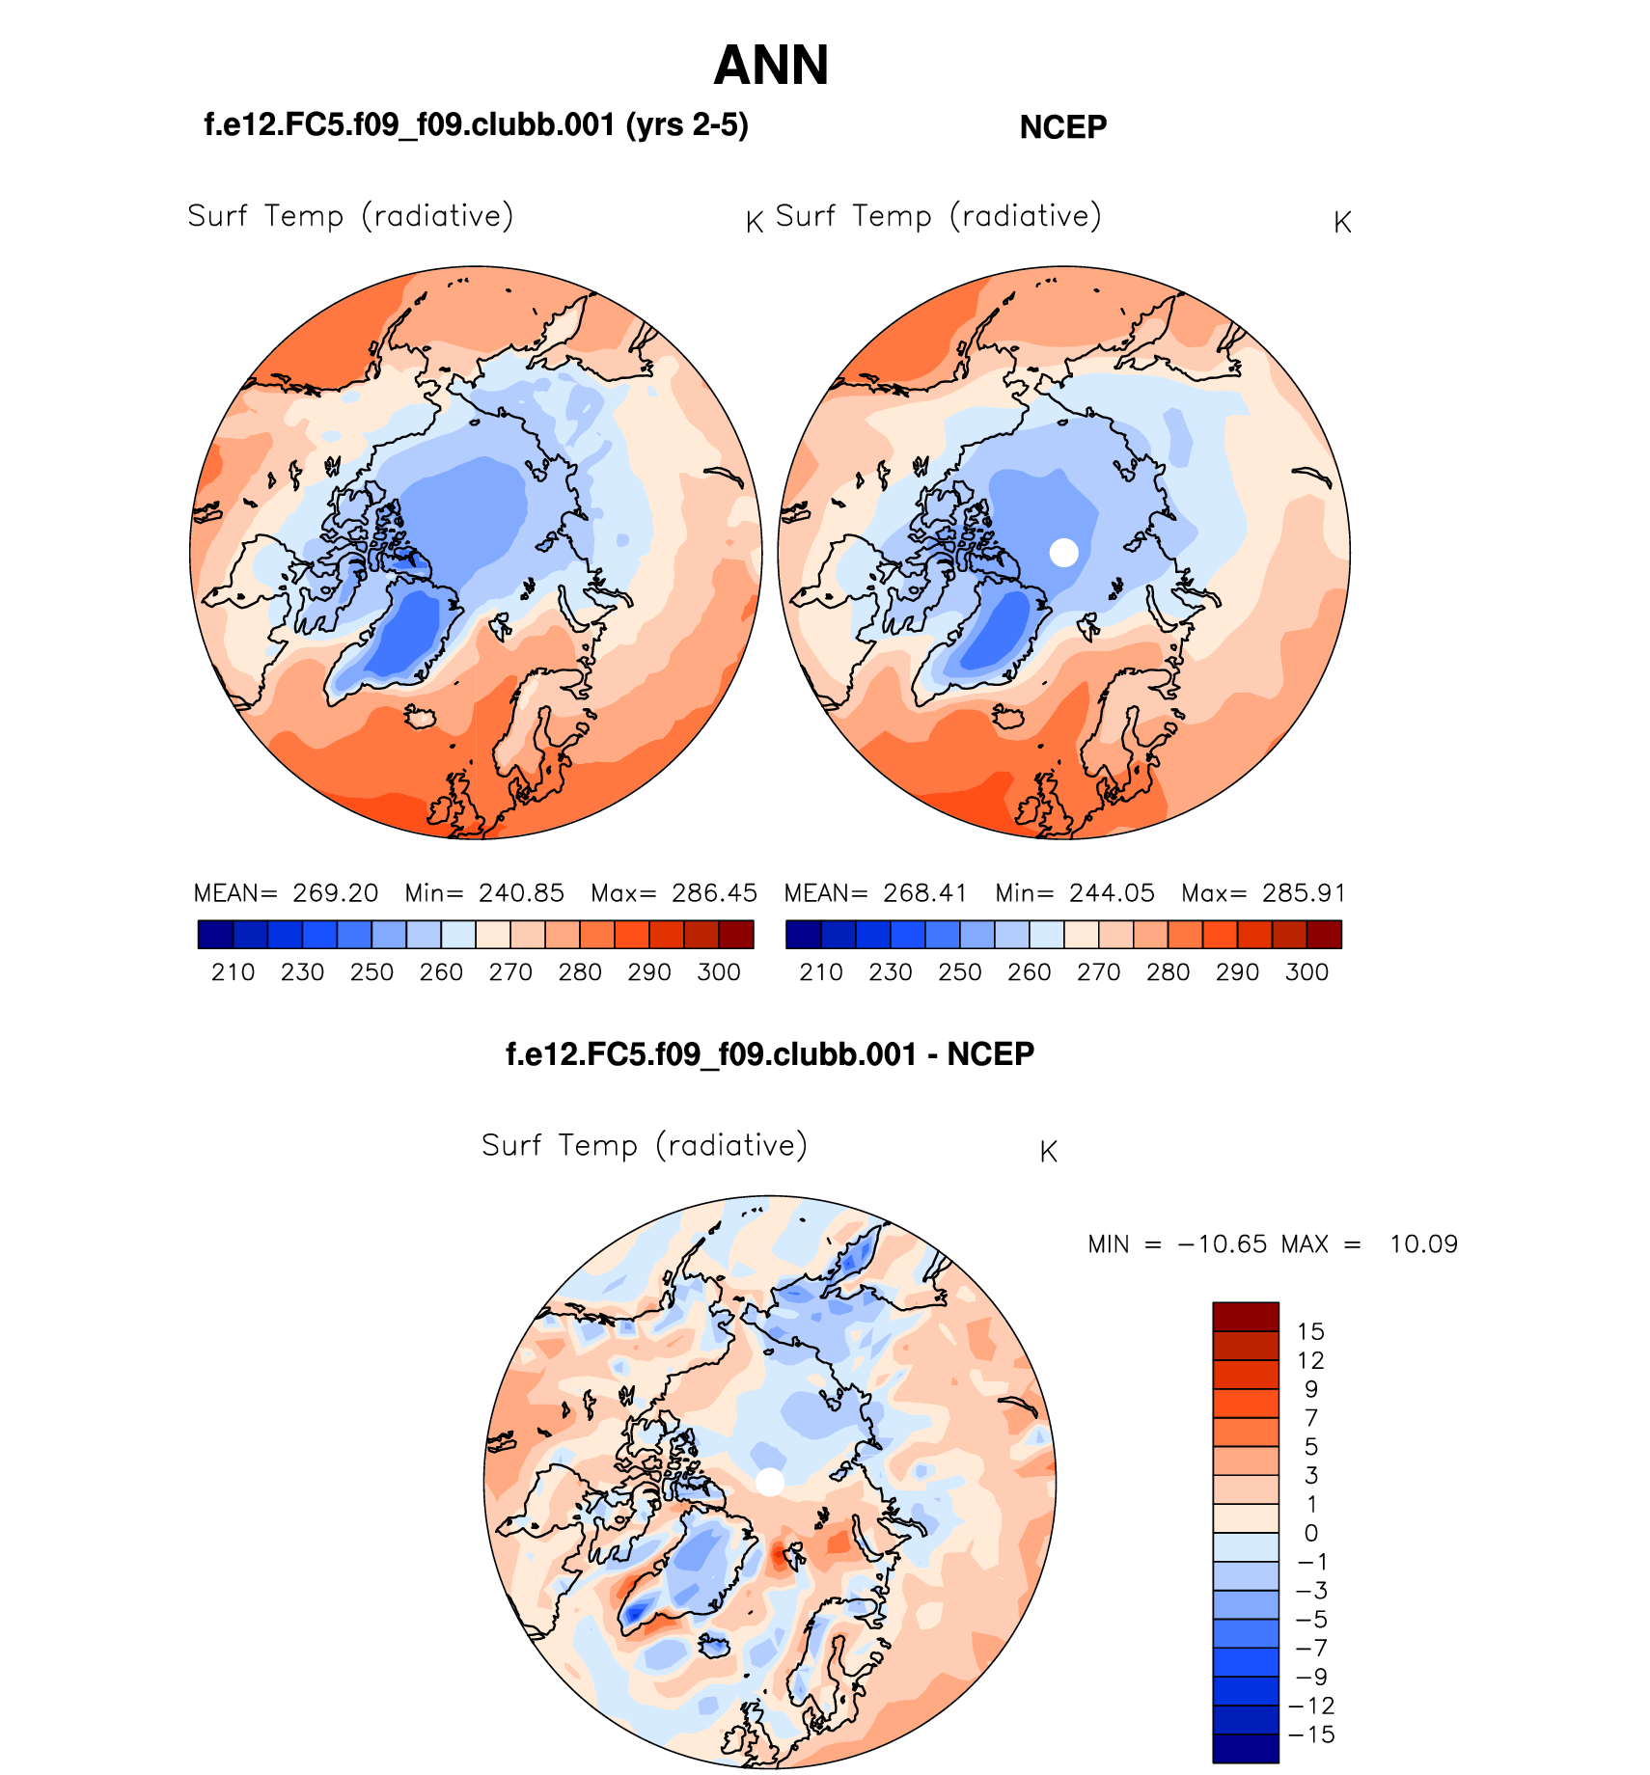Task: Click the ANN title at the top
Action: click(x=771, y=66)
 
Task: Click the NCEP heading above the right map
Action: click(x=1062, y=127)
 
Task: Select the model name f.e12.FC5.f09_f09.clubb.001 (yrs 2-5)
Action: click(x=476, y=125)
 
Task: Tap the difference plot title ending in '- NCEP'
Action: click(x=770, y=1053)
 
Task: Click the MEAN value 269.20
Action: click(x=336, y=893)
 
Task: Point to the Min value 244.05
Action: click(x=1112, y=893)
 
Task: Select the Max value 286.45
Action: click(x=714, y=893)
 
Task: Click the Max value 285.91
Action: click(x=1303, y=893)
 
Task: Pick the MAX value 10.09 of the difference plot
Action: click(x=1423, y=1244)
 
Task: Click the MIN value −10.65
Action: click(x=1222, y=1244)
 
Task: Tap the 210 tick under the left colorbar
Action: click(x=233, y=972)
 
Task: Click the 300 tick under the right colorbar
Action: click(x=1306, y=972)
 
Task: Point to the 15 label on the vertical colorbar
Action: click(x=1310, y=1332)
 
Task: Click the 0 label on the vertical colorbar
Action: click(x=1310, y=1533)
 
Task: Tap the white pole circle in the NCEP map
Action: click(x=1063, y=553)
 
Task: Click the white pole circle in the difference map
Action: click(x=770, y=1482)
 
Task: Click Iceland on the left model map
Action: click(x=421, y=717)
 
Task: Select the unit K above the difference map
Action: click(x=1049, y=1152)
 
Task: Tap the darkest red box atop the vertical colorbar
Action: click(x=1245, y=1317)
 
